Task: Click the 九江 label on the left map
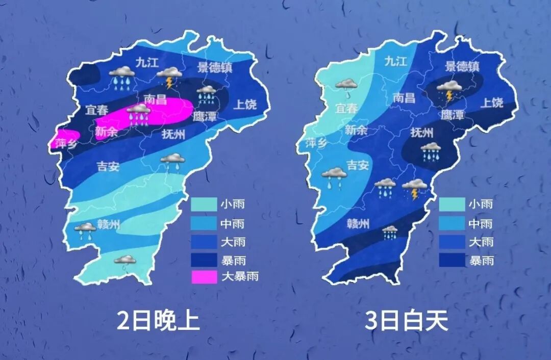[x=147, y=62]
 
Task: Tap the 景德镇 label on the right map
[x=462, y=66]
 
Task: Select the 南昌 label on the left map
[x=156, y=99]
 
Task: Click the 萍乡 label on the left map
[x=67, y=143]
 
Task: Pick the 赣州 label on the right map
[x=358, y=224]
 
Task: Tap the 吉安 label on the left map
[x=108, y=166]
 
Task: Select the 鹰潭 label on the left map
[x=205, y=116]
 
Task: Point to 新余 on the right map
[x=356, y=130]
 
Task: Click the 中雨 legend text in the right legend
[x=481, y=223]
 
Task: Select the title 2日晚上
[x=158, y=321]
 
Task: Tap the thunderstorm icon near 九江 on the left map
[x=169, y=77]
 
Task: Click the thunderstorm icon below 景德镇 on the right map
[x=449, y=90]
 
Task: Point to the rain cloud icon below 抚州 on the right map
[x=431, y=151]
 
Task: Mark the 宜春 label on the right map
[x=347, y=109]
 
